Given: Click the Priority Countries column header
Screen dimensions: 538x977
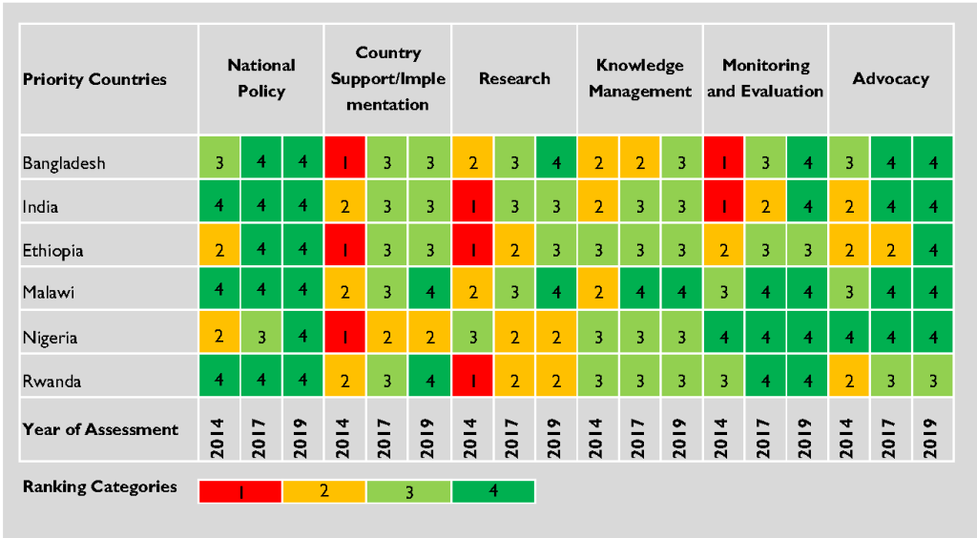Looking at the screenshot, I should [x=94, y=79].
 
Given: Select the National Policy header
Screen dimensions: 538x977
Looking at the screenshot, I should [x=261, y=78].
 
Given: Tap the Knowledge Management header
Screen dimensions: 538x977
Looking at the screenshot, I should [x=640, y=78].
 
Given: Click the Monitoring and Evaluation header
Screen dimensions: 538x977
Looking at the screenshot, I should [x=765, y=78].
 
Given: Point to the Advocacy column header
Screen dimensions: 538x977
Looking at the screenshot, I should [x=890, y=78].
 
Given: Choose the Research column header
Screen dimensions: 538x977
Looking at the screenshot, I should [x=514, y=78].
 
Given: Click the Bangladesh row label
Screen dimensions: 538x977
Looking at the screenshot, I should [x=64, y=163].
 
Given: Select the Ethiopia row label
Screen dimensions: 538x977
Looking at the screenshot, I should [x=52, y=251].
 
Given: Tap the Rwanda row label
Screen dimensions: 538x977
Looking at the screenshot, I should [x=51, y=382].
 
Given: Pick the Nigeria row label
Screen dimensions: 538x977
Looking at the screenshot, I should [x=50, y=338].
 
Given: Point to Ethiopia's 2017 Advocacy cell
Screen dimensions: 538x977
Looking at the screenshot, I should [x=891, y=251].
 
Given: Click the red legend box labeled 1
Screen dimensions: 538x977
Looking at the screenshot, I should [x=239, y=491].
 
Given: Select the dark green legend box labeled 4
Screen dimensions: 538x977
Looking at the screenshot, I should [x=493, y=491].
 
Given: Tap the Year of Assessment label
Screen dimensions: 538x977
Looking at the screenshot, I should [x=100, y=429].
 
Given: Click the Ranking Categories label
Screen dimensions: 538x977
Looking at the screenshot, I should [x=100, y=486].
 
